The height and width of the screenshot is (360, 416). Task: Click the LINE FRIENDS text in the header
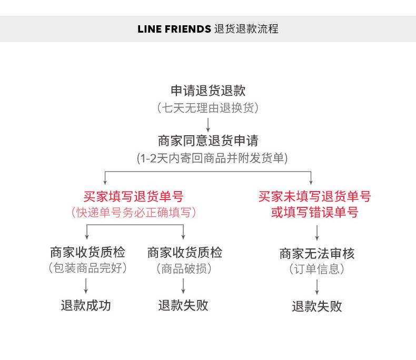coord(174,29)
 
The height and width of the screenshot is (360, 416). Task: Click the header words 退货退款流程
coord(246,29)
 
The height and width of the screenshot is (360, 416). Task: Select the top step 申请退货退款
coord(208,91)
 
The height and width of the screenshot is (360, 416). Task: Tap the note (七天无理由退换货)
coord(208,108)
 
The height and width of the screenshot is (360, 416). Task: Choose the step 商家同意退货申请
coord(208,141)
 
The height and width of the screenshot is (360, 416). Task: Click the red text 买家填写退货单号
coord(133,197)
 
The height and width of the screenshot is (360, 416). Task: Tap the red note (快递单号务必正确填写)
coord(133,213)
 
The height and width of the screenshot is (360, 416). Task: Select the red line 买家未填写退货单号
coord(314,197)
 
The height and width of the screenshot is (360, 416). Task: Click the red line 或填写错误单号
coord(314,213)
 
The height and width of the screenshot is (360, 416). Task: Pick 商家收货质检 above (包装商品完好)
coord(87,252)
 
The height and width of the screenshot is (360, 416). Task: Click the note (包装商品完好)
coord(87,268)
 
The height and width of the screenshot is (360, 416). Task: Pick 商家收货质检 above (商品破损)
coord(184,252)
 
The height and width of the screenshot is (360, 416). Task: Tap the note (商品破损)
coord(184,268)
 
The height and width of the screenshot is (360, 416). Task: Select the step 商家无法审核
coord(317,254)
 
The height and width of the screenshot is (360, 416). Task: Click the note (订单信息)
coord(317,269)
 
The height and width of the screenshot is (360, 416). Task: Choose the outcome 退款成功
coord(86,305)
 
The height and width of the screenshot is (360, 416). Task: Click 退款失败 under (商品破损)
coord(183,305)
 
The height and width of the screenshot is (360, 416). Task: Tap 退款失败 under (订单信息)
coord(317,306)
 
